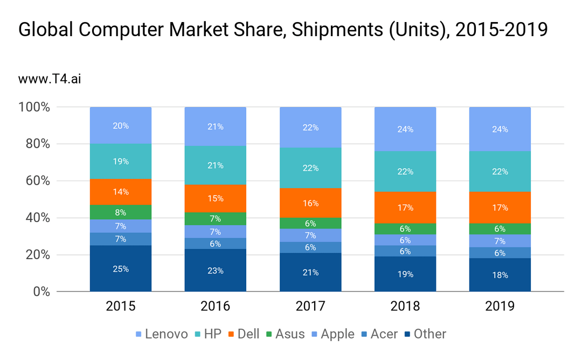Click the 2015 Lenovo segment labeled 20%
121,126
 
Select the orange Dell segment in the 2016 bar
216,198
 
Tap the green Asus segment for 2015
121,212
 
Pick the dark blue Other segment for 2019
500,275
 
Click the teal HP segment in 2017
310,168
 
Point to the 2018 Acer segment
405,251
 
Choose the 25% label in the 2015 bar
121,269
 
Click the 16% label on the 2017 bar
310,204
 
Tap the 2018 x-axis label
405,307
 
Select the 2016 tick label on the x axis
216,307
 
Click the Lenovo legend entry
161,334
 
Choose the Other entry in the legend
425,334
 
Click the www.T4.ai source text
49,79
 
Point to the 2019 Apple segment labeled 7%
500,241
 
